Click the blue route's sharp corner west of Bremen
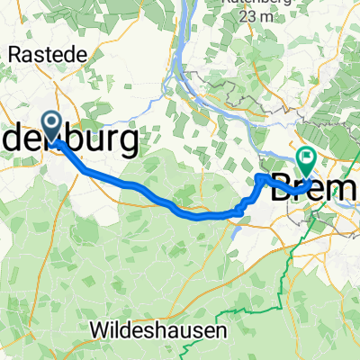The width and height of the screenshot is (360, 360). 260,177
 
